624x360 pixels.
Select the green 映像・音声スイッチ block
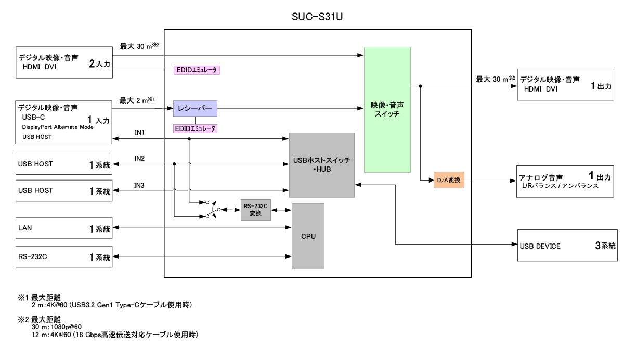pyautogui.click(x=387, y=109)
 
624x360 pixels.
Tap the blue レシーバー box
pyautogui.click(x=194, y=109)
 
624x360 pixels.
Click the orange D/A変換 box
pyautogui.click(x=448, y=180)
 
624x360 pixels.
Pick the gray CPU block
pyautogui.click(x=308, y=236)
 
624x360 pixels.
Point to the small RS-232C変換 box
pyautogui.click(x=256, y=209)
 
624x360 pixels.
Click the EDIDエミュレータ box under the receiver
pyautogui.click(x=196, y=128)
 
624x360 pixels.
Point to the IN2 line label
pyautogui.click(x=139, y=158)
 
